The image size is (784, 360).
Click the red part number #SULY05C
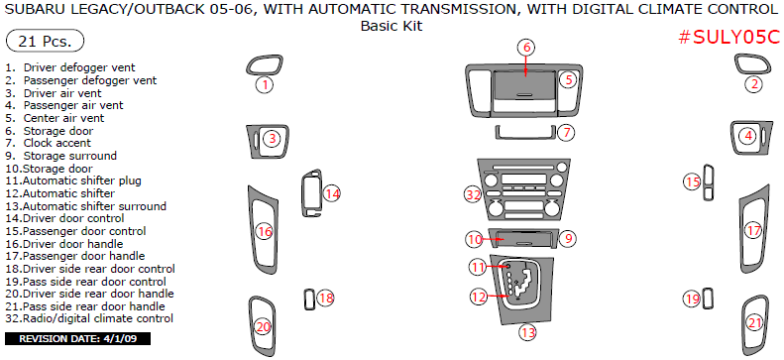[729, 38]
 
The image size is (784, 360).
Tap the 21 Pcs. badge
[44, 42]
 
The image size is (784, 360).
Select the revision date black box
[77, 339]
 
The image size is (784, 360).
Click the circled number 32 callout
[473, 195]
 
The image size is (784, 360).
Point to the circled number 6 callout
[526, 48]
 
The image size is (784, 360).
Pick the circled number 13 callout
[528, 332]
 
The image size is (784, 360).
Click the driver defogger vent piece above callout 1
[265, 64]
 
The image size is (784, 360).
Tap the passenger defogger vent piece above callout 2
[753, 64]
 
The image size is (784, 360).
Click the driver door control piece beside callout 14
[312, 193]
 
